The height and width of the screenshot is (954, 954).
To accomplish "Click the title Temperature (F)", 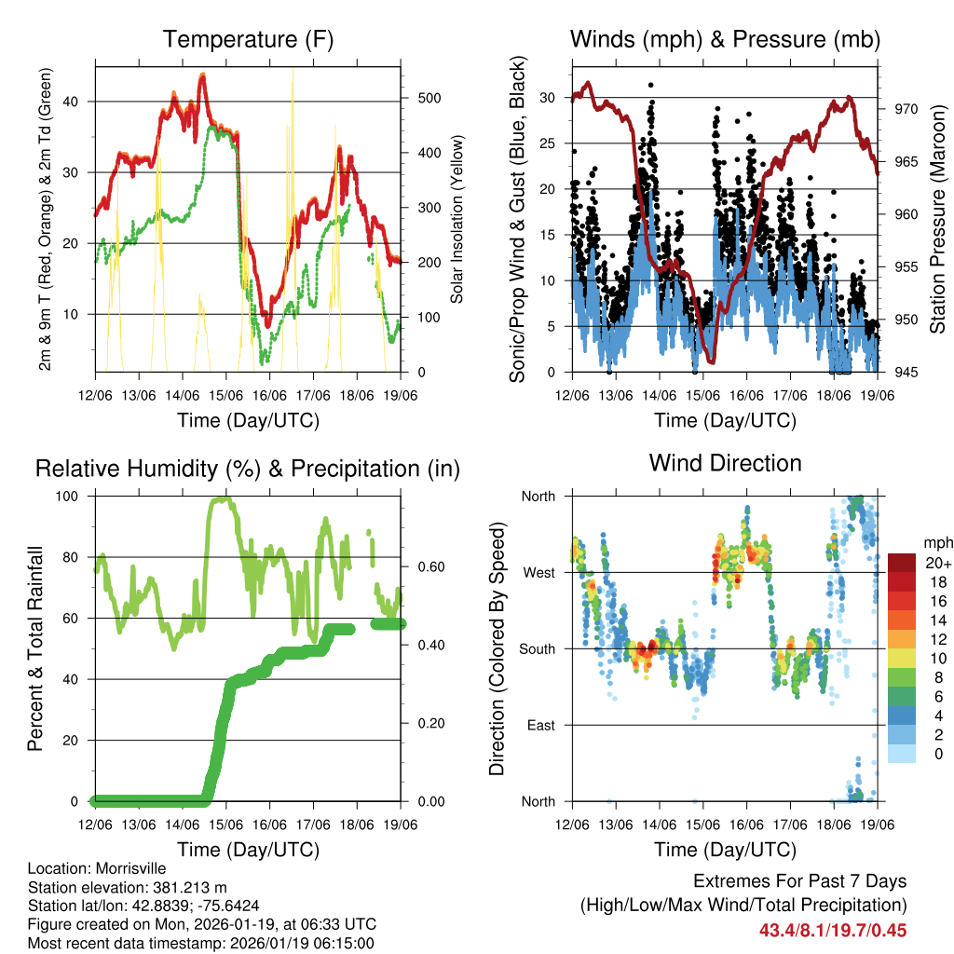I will (248, 40).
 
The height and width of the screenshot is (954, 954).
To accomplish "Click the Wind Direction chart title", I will (725, 463).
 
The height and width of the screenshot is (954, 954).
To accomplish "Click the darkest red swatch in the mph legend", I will (902, 563).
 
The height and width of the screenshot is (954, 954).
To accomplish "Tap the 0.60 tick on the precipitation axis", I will (425, 566).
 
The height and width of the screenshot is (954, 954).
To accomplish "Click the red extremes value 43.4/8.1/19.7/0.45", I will (833, 930).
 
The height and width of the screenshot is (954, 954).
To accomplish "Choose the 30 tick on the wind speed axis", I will (548, 98).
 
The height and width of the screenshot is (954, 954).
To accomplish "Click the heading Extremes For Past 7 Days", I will (799, 881).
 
